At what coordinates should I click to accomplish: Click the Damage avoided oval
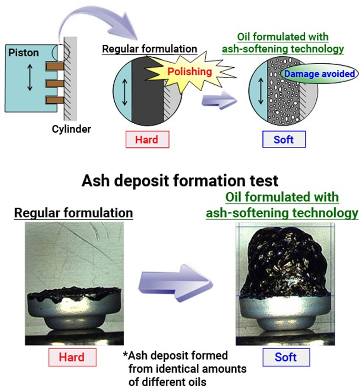[x=319, y=74]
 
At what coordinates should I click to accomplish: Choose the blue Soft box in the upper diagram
[x=284, y=140]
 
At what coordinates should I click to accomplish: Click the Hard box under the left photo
[x=72, y=358]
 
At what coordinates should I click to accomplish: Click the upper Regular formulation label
[x=149, y=49]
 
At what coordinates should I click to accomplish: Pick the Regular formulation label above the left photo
[x=73, y=213]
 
